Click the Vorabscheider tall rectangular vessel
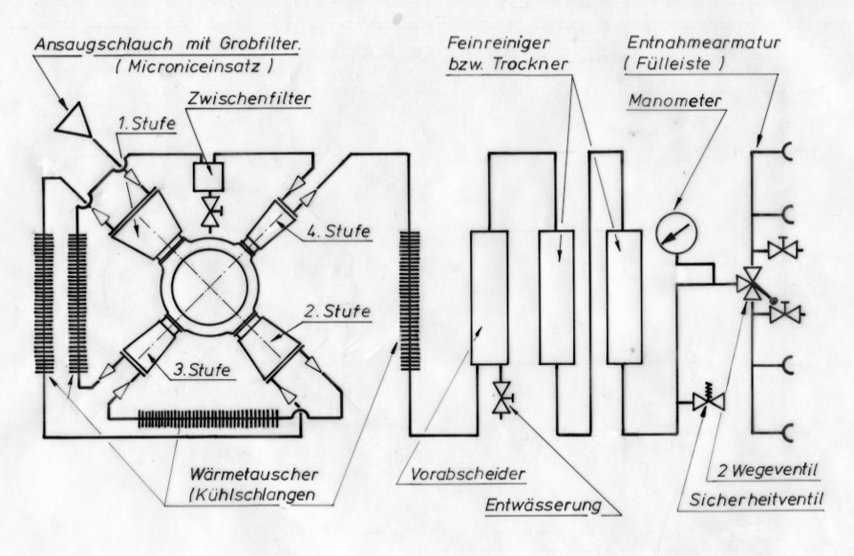(x=489, y=298)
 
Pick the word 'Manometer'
(x=664, y=100)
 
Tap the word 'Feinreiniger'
(x=489, y=43)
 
